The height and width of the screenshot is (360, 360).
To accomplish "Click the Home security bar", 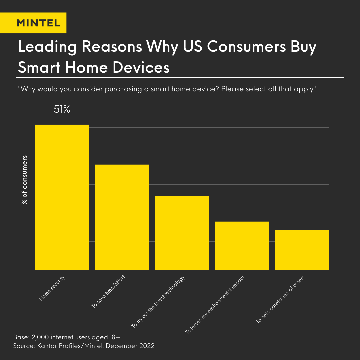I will coord(62,197).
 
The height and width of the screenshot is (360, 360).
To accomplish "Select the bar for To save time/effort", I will coord(122,217).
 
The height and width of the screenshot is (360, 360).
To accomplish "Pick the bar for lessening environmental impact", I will coord(242,246).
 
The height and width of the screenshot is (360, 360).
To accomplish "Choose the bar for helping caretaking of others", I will coord(302,250).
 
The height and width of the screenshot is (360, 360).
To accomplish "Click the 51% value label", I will coord(62,110).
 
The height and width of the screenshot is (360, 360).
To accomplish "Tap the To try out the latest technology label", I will coord(158,302).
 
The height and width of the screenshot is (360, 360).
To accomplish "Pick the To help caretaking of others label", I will coord(280,299).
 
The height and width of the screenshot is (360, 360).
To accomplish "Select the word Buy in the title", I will coord(301,47).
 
